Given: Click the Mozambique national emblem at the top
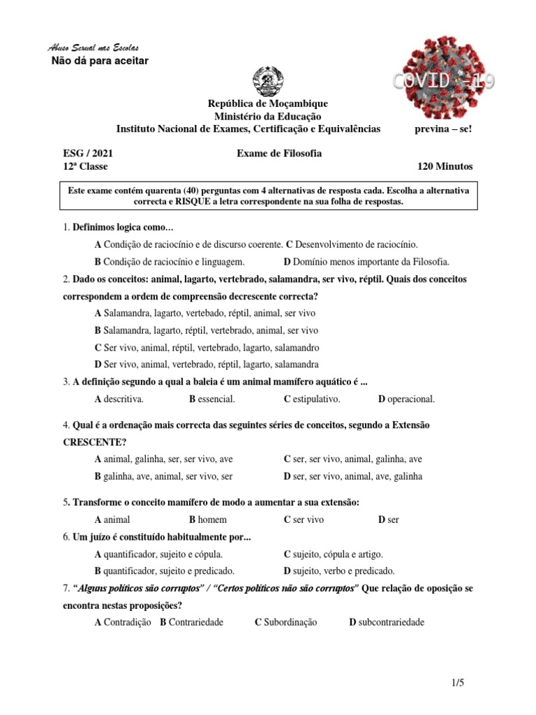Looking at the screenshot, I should (268, 82).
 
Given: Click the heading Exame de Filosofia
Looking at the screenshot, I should (278, 154).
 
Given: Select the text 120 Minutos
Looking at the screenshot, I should (445, 166).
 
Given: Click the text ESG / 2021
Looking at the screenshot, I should (87, 154).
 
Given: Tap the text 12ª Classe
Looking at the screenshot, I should (85, 166).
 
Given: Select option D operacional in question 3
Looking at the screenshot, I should (406, 399).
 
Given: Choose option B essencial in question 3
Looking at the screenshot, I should (211, 399).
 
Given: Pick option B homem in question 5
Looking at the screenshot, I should (207, 519).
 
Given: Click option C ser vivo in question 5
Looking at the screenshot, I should (304, 519).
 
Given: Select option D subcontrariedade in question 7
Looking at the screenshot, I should (387, 622).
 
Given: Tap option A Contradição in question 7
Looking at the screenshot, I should (123, 622).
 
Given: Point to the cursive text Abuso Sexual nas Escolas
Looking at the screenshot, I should (93, 48).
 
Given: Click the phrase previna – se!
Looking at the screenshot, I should (443, 128).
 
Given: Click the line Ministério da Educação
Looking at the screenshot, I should (267, 116).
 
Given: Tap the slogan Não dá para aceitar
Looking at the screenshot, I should (100, 61).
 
